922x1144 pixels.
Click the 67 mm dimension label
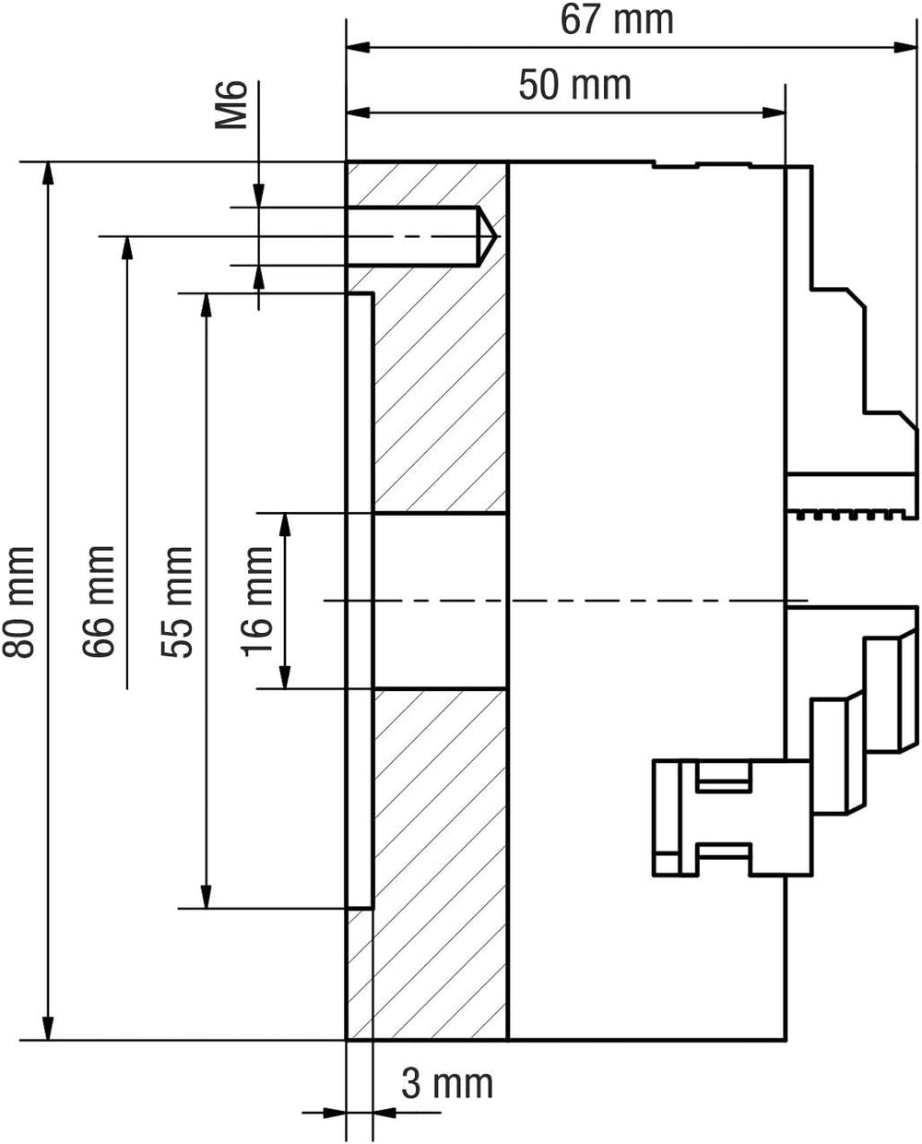[617, 20]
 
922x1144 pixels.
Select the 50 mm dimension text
[575, 85]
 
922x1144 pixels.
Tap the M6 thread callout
[231, 105]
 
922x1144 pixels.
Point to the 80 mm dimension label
[18, 602]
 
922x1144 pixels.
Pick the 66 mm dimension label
[99, 602]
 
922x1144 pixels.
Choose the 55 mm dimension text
[177, 602]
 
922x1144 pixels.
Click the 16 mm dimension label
[256, 602]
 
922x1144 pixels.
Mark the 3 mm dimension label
[447, 1084]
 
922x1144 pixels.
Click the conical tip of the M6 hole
[496, 236]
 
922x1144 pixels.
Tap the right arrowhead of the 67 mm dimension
[905, 47]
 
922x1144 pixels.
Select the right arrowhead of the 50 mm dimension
[774, 113]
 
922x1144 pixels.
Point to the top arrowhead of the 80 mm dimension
[48, 173]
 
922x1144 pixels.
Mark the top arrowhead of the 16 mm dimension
[286, 525]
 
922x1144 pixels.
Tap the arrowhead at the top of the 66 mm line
[127, 248]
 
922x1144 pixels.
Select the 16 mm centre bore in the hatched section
[440, 602]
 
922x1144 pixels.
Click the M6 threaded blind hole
[420, 236]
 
